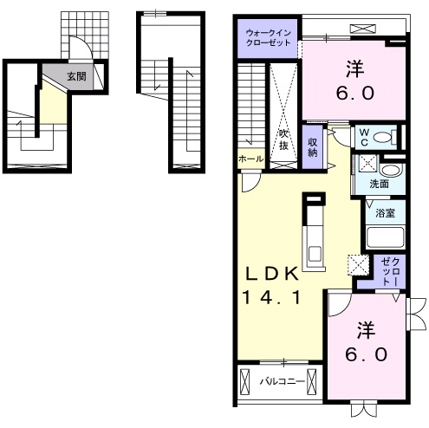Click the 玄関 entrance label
pyautogui.click(x=76, y=76)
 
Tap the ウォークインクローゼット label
pyautogui.click(x=268, y=38)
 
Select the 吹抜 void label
pyautogui.click(x=283, y=139)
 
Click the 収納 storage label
pyautogui.click(x=313, y=147)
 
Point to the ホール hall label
pyautogui.click(x=251, y=159)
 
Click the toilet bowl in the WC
pyautogui.click(x=384, y=137)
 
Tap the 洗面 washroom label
pyautogui.click(x=380, y=184)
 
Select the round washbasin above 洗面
pyautogui.click(x=390, y=171)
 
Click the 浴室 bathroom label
pyautogui.click(x=386, y=213)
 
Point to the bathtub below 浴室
pyautogui.click(x=385, y=237)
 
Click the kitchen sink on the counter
pyautogui.click(x=314, y=254)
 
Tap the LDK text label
pyautogui.click(x=271, y=275)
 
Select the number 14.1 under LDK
pyautogui.click(x=271, y=297)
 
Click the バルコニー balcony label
pyautogui.click(x=283, y=382)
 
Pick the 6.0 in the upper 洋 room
pyautogui.click(x=355, y=94)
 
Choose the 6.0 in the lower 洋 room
pyautogui.click(x=366, y=355)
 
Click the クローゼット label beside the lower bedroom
pyautogui.click(x=390, y=272)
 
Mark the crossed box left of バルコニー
pyautogui.click(x=244, y=382)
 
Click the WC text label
pyautogui.click(x=364, y=138)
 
